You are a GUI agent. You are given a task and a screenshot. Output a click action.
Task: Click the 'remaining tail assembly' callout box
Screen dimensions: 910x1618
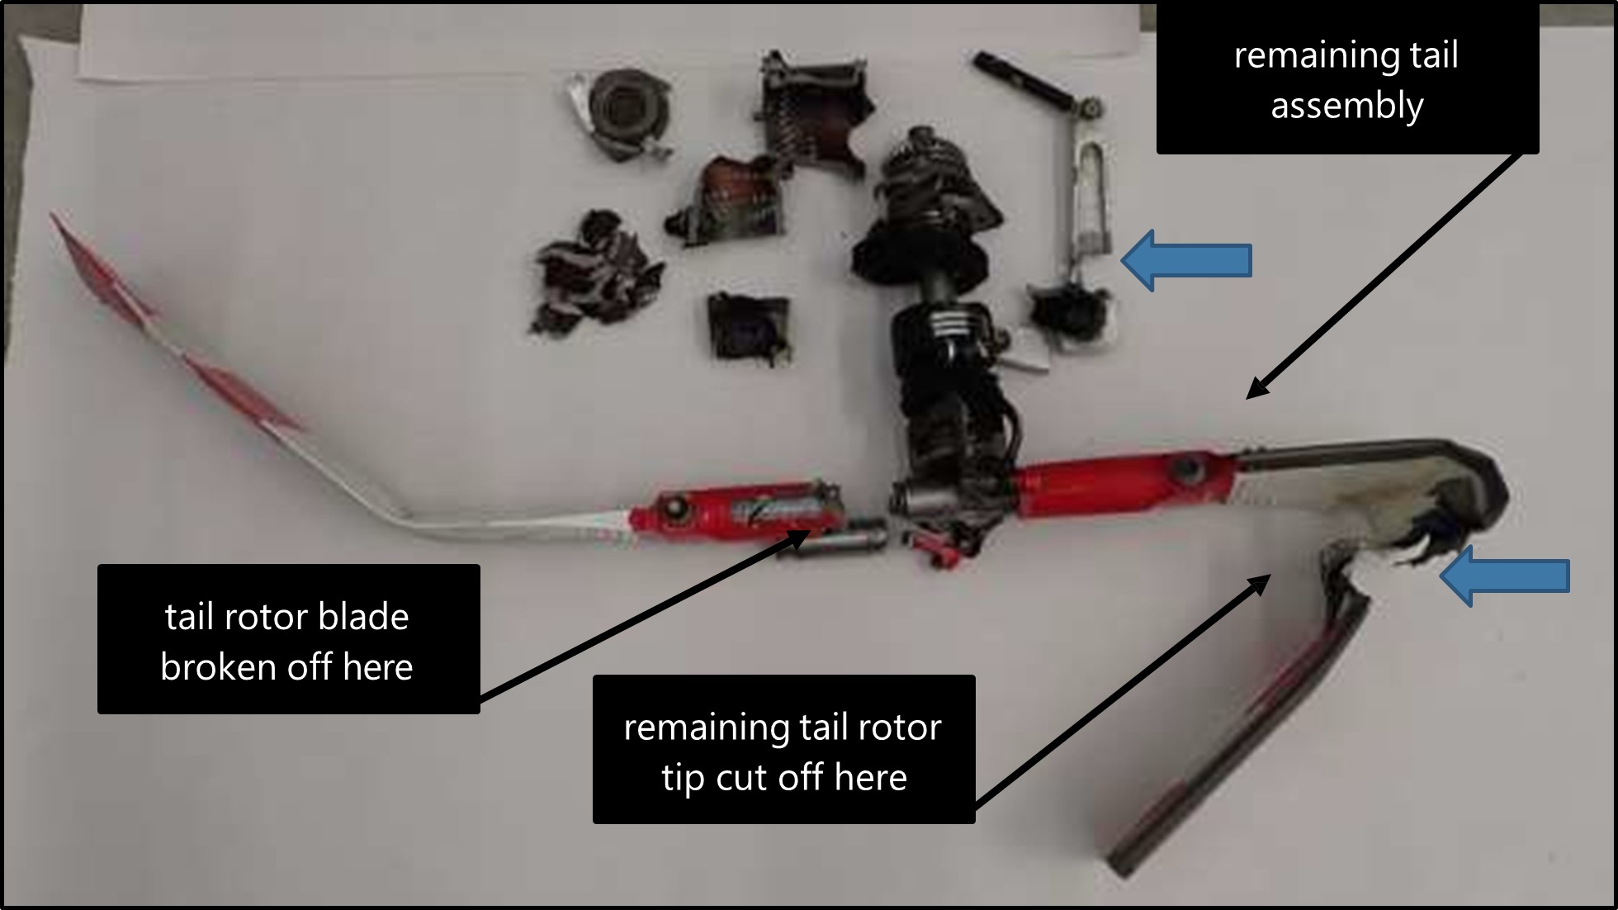click(1347, 80)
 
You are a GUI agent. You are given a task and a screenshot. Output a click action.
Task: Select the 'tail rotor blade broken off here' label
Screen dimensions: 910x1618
click(288, 639)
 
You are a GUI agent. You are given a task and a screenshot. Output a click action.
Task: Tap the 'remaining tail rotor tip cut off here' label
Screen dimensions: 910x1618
click(783, 750)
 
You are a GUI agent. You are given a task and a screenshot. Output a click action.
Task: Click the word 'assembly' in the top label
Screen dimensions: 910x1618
click(1347, 106)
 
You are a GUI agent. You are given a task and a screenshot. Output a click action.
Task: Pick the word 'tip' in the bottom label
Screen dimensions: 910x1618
click(684, 777)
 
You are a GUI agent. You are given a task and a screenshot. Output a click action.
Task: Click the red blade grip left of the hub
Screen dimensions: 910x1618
click(735, 514)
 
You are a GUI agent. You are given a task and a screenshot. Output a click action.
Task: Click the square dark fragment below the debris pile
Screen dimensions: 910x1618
click(750, 329)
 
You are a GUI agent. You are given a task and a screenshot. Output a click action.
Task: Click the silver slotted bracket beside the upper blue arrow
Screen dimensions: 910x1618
click(1090, 198)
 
